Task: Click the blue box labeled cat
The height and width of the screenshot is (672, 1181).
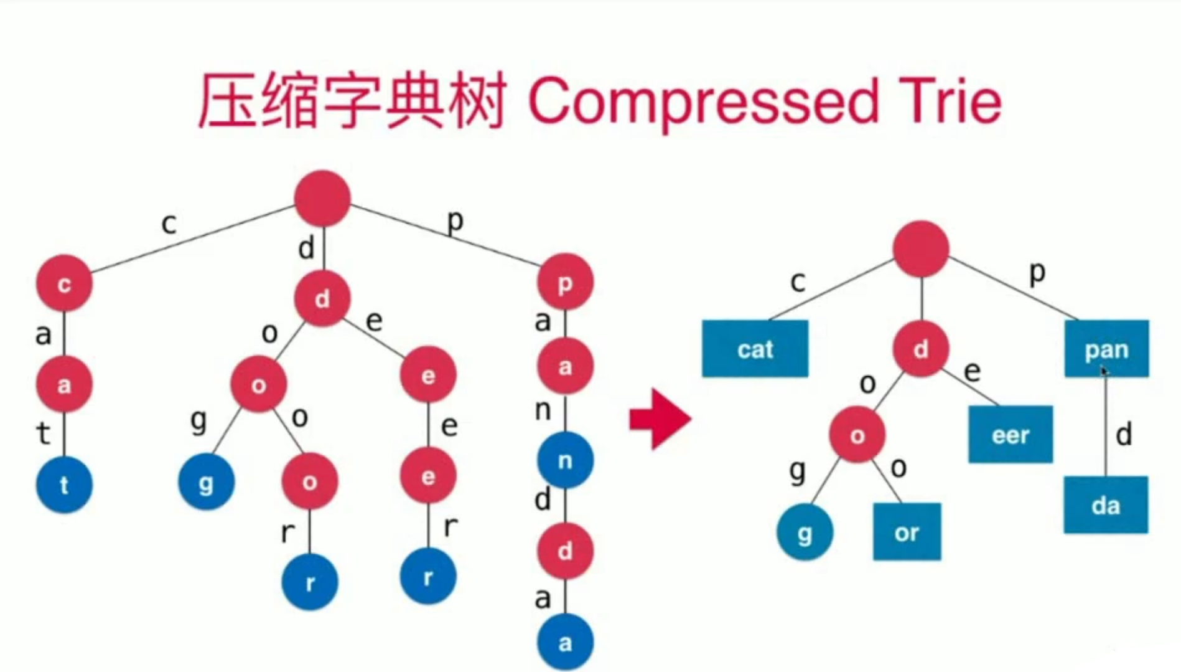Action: (x=755, y=349)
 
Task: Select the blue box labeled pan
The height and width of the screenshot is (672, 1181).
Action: (x=1106, y=349)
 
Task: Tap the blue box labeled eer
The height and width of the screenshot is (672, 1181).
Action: (x=1011, y=434)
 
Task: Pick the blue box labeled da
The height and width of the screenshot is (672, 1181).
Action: (x=1106, y=505)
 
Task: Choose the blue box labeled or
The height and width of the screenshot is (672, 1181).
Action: (x=907, y=532)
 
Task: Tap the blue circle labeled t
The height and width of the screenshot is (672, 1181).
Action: (x=64, y=485)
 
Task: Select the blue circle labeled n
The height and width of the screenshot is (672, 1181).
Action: (x=565, y=461)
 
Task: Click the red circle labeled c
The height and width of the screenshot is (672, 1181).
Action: (x=64, y=283)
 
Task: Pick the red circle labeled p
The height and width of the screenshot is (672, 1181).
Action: (x=565, y=282)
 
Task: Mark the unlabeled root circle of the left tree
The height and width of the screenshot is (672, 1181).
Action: (x=322, y=198)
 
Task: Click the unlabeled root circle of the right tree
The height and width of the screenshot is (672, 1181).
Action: (x=921, y=248)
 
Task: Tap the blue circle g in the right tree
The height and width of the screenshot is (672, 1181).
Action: (x=805, y=532)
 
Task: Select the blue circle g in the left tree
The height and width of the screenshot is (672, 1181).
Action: (x=206, y=482)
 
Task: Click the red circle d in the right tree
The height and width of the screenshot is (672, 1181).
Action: (x=921, y=349)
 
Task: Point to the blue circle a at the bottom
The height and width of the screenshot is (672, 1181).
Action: (x=565, y=642)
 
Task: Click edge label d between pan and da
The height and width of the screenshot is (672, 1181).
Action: (x=1124, y=435)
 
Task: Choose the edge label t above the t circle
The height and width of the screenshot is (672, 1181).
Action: (x=43, y=433)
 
